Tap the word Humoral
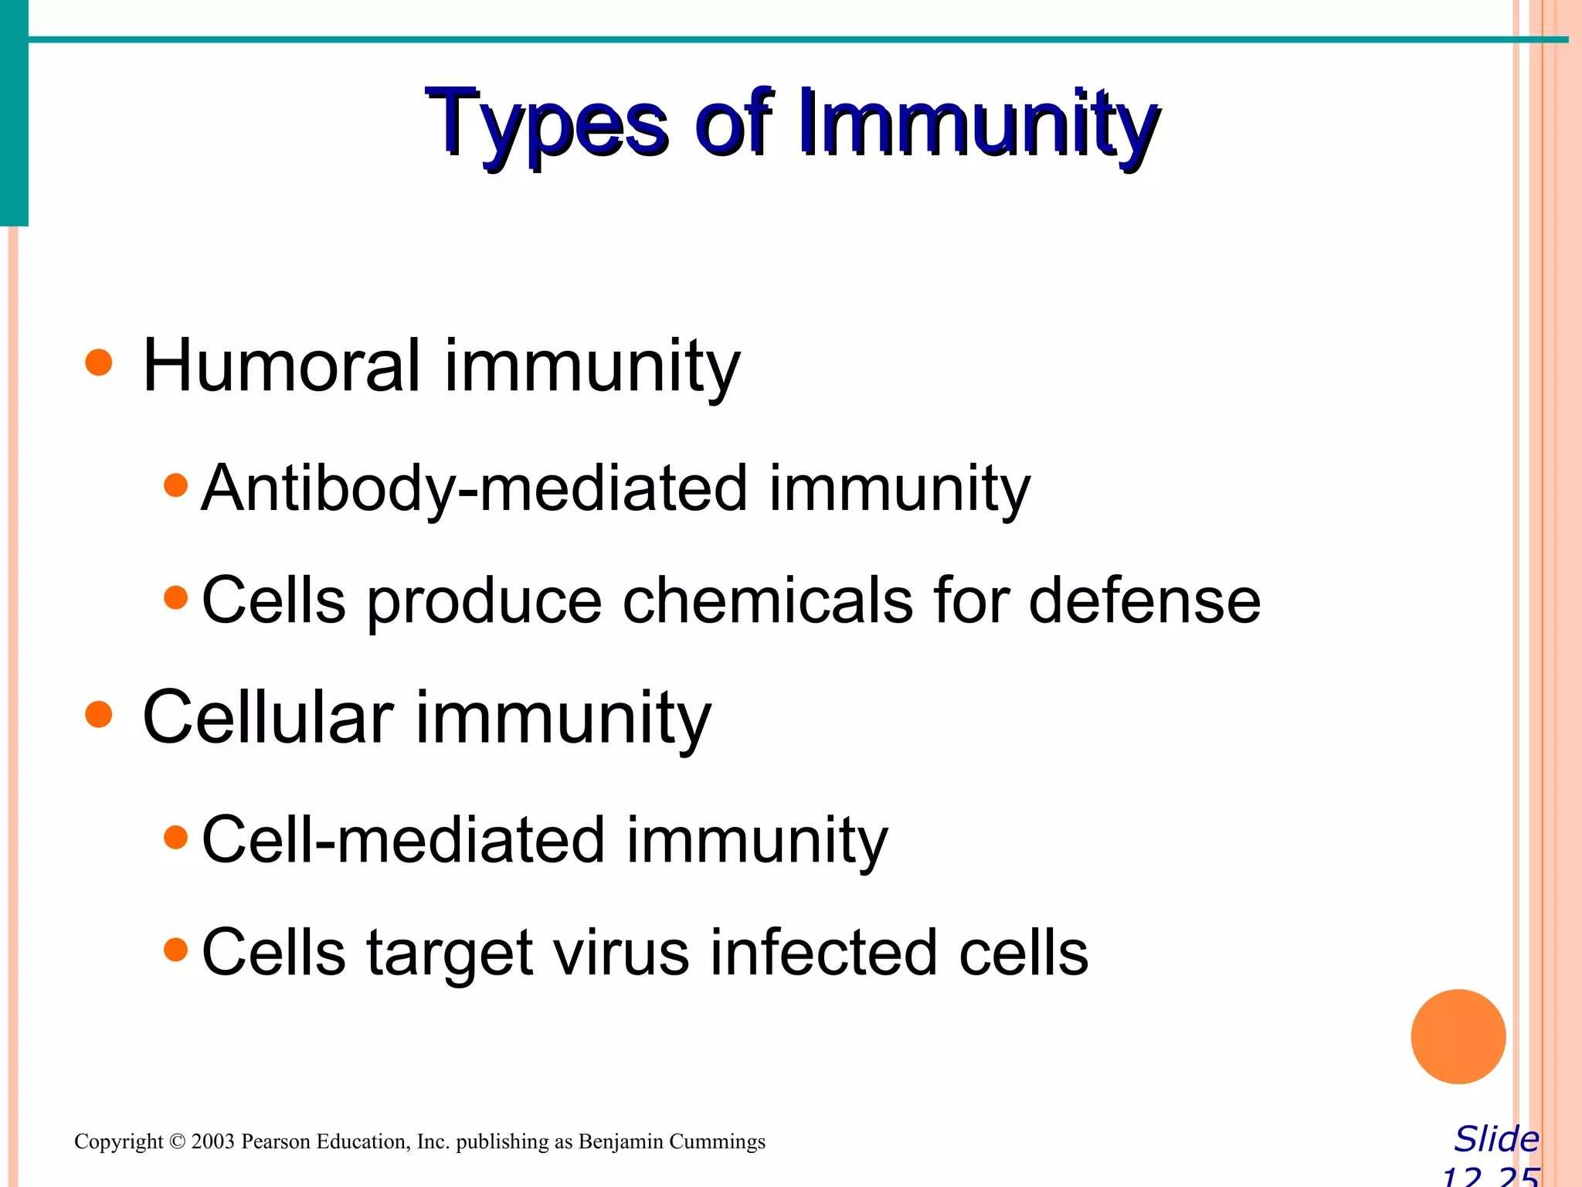282,366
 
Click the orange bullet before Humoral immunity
99,362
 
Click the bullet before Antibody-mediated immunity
176,485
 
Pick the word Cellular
268,718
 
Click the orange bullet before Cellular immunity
99,714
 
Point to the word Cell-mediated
403,840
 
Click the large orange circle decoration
1458,1036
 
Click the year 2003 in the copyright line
212,1141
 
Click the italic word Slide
1496,1139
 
